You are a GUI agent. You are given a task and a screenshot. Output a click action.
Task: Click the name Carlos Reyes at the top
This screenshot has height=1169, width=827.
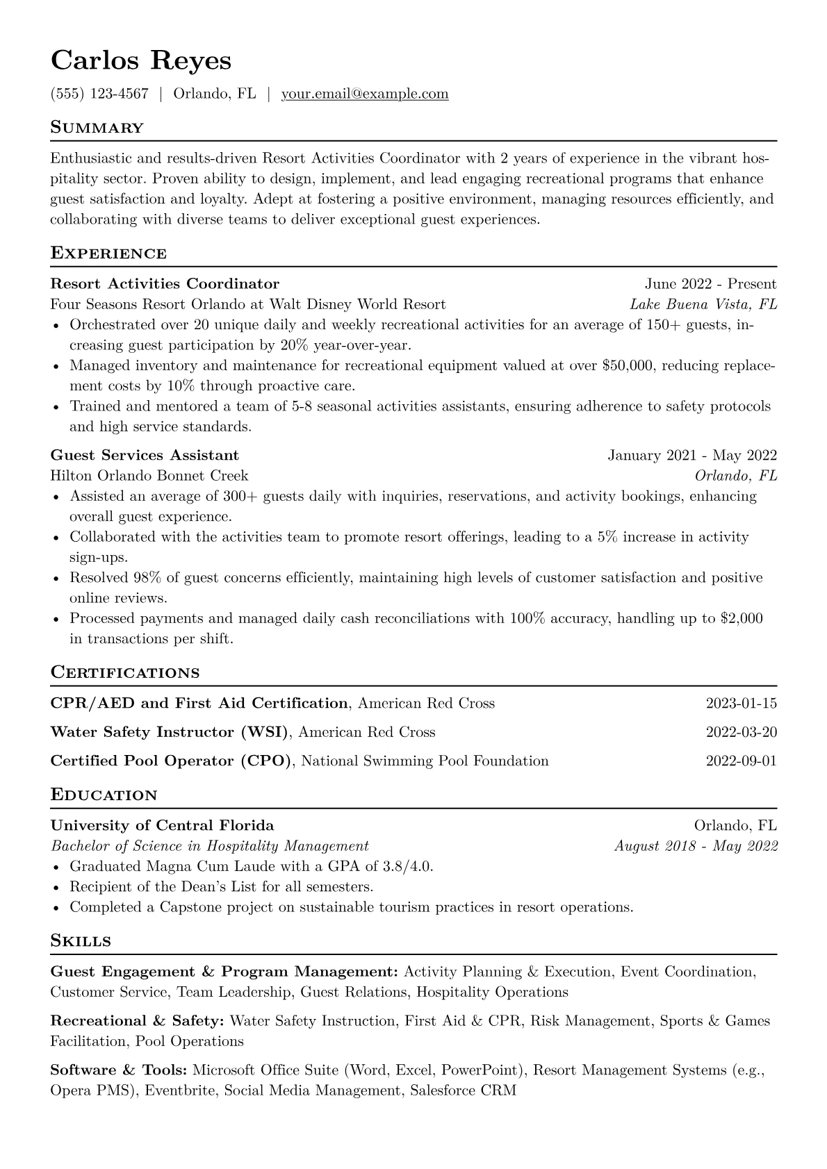point(140,60)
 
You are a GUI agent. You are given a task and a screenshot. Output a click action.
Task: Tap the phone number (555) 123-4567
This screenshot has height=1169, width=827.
point(99,94)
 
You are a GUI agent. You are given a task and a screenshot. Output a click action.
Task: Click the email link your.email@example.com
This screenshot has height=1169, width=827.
point(365,94)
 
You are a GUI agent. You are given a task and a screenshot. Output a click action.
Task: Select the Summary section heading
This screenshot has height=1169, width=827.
point(97,128)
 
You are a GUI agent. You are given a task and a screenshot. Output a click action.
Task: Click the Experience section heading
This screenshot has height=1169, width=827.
point(108,253)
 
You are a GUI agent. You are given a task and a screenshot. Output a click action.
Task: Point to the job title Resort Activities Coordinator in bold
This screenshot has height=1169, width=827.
point(165,283)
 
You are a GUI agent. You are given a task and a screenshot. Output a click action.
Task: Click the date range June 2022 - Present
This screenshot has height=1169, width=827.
point(710,283)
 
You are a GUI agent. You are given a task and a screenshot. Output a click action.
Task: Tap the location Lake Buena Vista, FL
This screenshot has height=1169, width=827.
point(703,304)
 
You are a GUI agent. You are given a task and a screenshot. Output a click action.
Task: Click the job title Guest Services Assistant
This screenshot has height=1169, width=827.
point(145,455)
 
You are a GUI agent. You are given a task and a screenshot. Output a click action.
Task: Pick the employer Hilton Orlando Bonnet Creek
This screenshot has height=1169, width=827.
point(149,476)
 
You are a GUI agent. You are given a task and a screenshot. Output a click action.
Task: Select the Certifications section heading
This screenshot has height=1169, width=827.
point(125,672)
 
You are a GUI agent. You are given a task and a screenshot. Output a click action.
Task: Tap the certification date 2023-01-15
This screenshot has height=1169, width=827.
point(741,703)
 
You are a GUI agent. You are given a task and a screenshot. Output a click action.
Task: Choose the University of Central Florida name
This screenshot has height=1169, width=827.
point(162,825)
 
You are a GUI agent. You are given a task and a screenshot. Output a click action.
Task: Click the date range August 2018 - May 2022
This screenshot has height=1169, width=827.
point(696,846)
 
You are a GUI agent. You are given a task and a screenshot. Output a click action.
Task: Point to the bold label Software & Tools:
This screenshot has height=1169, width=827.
point(119,1070)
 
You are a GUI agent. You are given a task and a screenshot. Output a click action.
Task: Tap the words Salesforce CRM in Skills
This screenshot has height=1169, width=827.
point(463,1091)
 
